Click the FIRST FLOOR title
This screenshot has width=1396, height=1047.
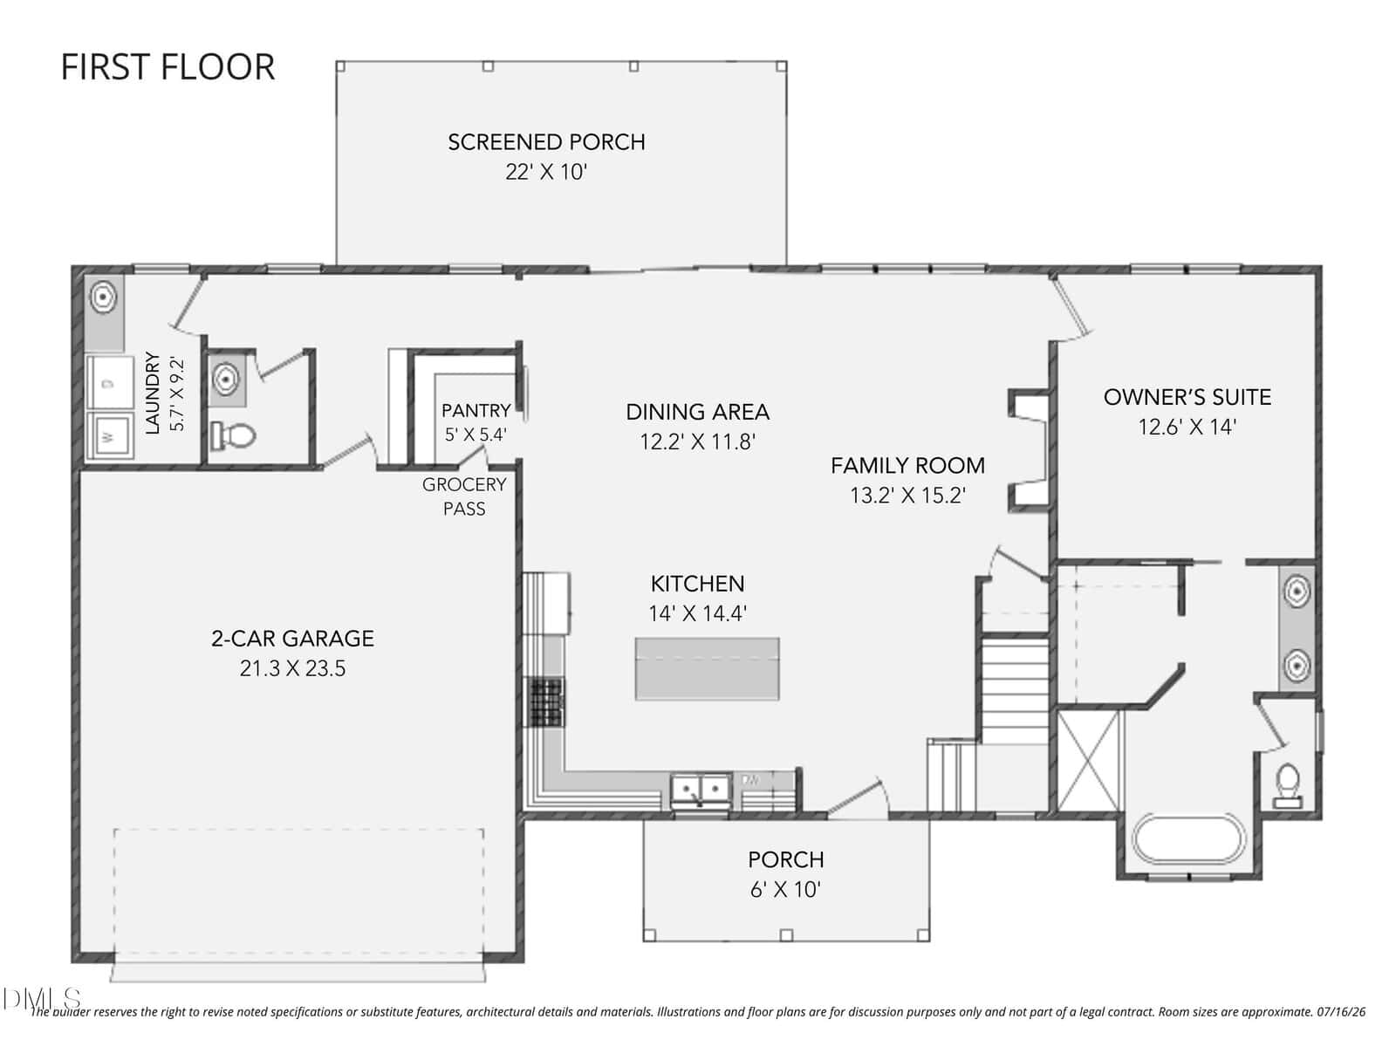click(x=168, y=67)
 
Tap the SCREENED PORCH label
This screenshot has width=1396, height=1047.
click(x=546, y=141)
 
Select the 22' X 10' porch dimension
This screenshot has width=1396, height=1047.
click(x=546, y=172)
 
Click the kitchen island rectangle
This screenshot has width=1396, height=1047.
click(x=708, y=668)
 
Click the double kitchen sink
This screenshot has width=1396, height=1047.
click(x=701, y=790)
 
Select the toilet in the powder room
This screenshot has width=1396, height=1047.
click(x=234, y=435)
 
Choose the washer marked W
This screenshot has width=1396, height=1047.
click(x=109, y=435)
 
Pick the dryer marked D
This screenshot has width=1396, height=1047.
click(x=109, y=383)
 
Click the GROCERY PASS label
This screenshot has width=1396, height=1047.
click(x=464, y=496)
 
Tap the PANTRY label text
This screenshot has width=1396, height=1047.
click(x=476, y=411)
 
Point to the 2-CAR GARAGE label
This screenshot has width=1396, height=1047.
click(x=292, y=639)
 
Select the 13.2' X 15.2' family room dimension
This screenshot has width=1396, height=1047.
click(x=908, y=496)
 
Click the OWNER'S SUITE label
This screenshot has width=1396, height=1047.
click(x=1187, y=397)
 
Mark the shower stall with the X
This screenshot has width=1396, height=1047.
click(x=1088, y=761)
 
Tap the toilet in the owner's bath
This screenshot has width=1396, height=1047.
click(x=1288, y=786)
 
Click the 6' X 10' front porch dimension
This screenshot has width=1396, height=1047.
click(x=786, y=889)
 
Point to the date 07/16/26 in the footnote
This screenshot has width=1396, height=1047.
click(x=1341, y=1012)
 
